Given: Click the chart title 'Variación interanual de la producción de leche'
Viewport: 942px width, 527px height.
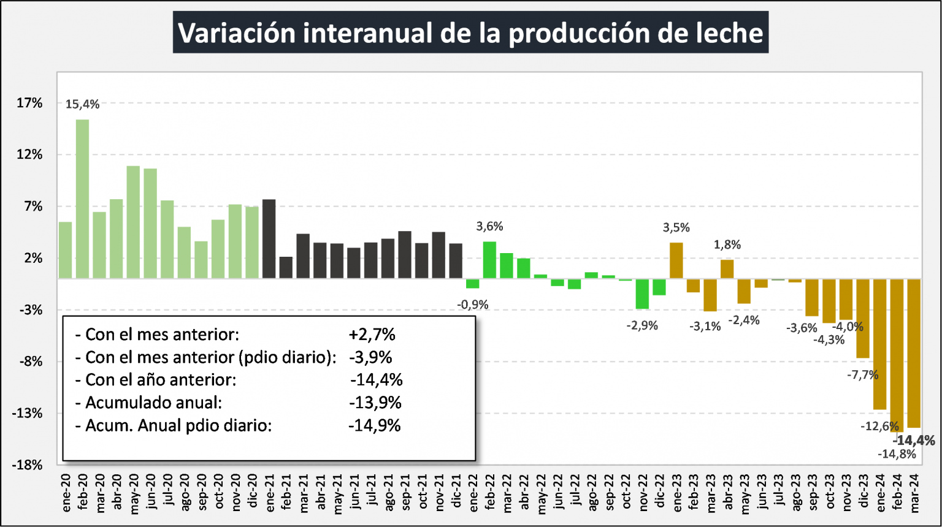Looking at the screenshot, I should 470,32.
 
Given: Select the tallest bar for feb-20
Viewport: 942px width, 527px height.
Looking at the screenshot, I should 82,199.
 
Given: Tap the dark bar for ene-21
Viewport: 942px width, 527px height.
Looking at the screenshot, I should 269,238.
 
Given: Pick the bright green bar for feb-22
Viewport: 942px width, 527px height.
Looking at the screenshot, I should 489,260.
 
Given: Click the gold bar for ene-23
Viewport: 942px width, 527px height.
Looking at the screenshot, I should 676,260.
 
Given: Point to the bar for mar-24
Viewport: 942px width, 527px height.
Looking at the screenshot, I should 913,353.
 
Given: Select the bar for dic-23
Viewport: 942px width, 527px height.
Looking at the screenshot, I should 862,318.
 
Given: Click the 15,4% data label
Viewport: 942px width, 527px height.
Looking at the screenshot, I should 82,105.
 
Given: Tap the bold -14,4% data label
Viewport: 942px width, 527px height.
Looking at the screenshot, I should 914,441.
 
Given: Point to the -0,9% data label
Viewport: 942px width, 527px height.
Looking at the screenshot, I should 473,305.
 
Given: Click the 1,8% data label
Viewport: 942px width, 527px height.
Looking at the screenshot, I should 727,245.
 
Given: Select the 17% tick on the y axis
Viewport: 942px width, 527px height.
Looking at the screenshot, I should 29,103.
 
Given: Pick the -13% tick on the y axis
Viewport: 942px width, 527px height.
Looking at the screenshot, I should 27,413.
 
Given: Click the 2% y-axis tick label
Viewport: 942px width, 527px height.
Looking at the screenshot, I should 33,258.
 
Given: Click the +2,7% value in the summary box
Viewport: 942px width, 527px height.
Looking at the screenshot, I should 372,335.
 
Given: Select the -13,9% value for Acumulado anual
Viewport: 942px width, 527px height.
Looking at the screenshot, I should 375,403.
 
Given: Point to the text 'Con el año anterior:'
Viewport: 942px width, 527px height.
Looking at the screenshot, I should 161,380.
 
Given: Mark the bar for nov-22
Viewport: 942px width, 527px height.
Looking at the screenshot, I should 642,294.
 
